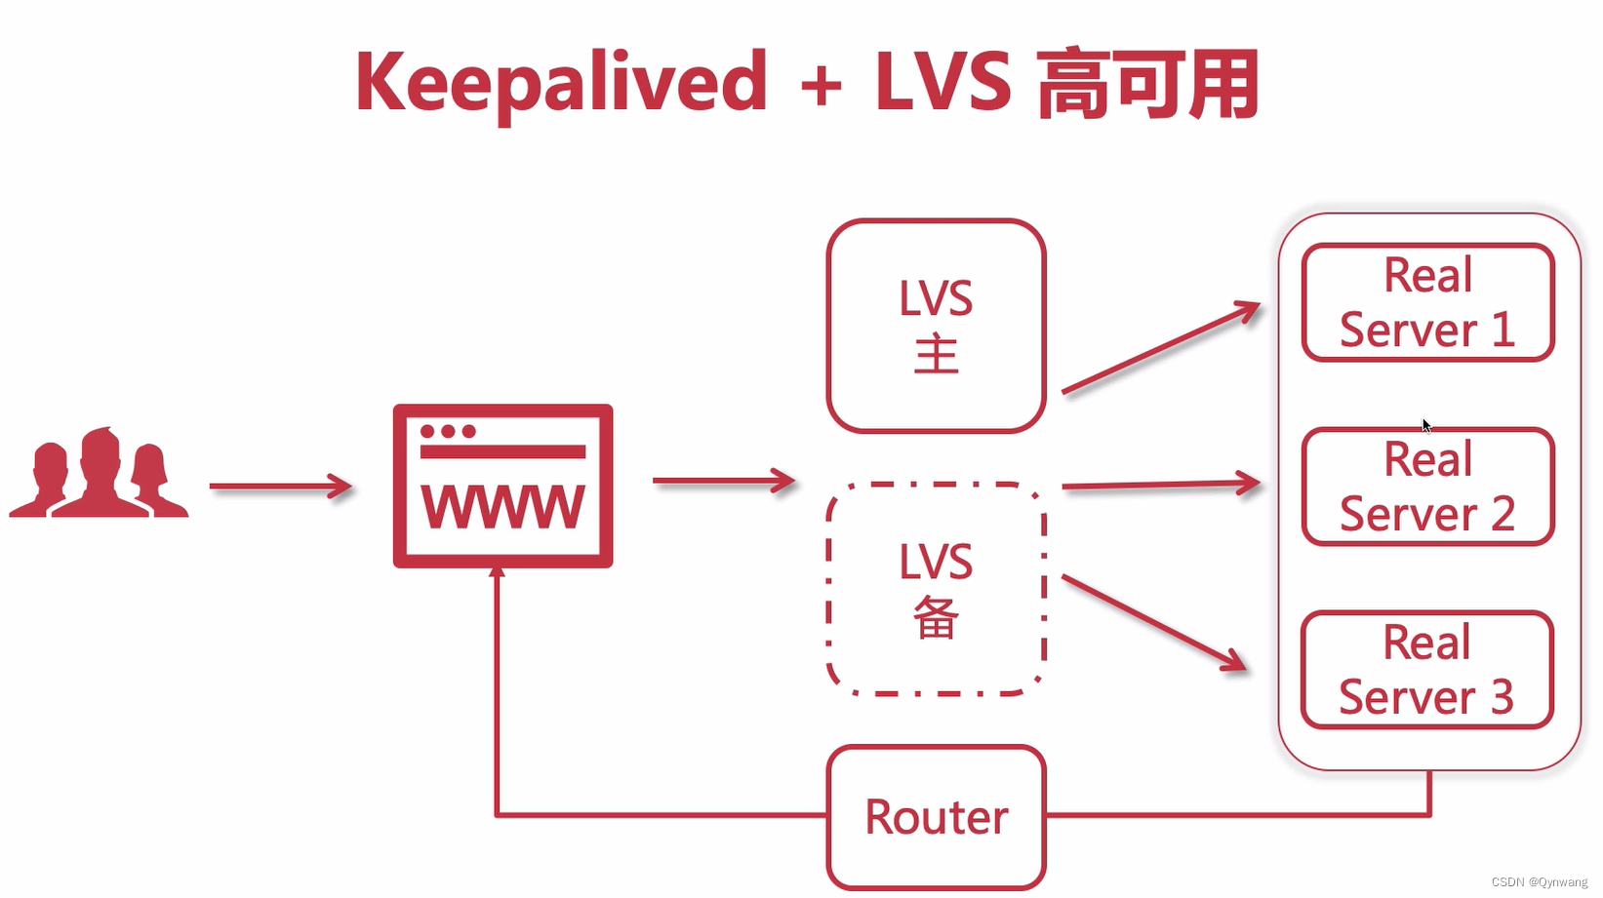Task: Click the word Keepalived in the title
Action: tap(561, 84)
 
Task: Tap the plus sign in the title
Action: tap(821, 86)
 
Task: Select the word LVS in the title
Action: tap(942, 82)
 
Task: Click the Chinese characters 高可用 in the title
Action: tap(1147, 86)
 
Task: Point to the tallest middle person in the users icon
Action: tap(100, 473)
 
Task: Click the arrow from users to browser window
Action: tap(280, 486)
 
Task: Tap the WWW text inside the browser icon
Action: tap(502, 507)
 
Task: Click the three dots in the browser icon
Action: tap(448, 431)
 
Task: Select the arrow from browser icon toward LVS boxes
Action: tap(723, 481)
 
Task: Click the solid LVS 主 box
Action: tap(936, 326)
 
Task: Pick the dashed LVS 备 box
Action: tap(936, 589)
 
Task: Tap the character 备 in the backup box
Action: tap(936, 618)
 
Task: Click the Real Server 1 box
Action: tap(1427, 302)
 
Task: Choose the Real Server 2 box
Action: tap(1427, 487)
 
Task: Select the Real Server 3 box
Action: tap(1427, 670)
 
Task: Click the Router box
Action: tap(936, 817)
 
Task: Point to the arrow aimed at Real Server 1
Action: tap(1161, 348)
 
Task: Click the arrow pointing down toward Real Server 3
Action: tap(1154, 623)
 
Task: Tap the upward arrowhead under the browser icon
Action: tap(498, 573)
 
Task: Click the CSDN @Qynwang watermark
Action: tap(1539, 881)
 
